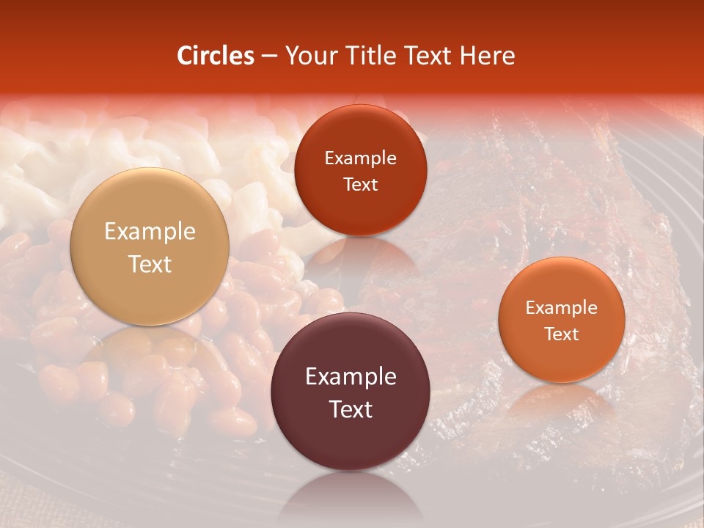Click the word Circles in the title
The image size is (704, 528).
tap(215, 56)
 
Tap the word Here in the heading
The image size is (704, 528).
tap(487, 56)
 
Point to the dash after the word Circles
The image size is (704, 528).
tap(268, 56)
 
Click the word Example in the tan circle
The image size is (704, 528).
tap(150, 232)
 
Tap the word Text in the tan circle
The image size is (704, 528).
tap(150, 264)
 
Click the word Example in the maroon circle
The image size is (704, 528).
tap(351, 377)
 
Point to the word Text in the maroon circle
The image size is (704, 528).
tap(351, 409)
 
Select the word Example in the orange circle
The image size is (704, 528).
tap(562, 308)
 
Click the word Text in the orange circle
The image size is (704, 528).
tap(562, 334)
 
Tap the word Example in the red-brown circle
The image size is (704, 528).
tap(360, 158)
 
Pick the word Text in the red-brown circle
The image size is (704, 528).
tap(360, 185)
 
